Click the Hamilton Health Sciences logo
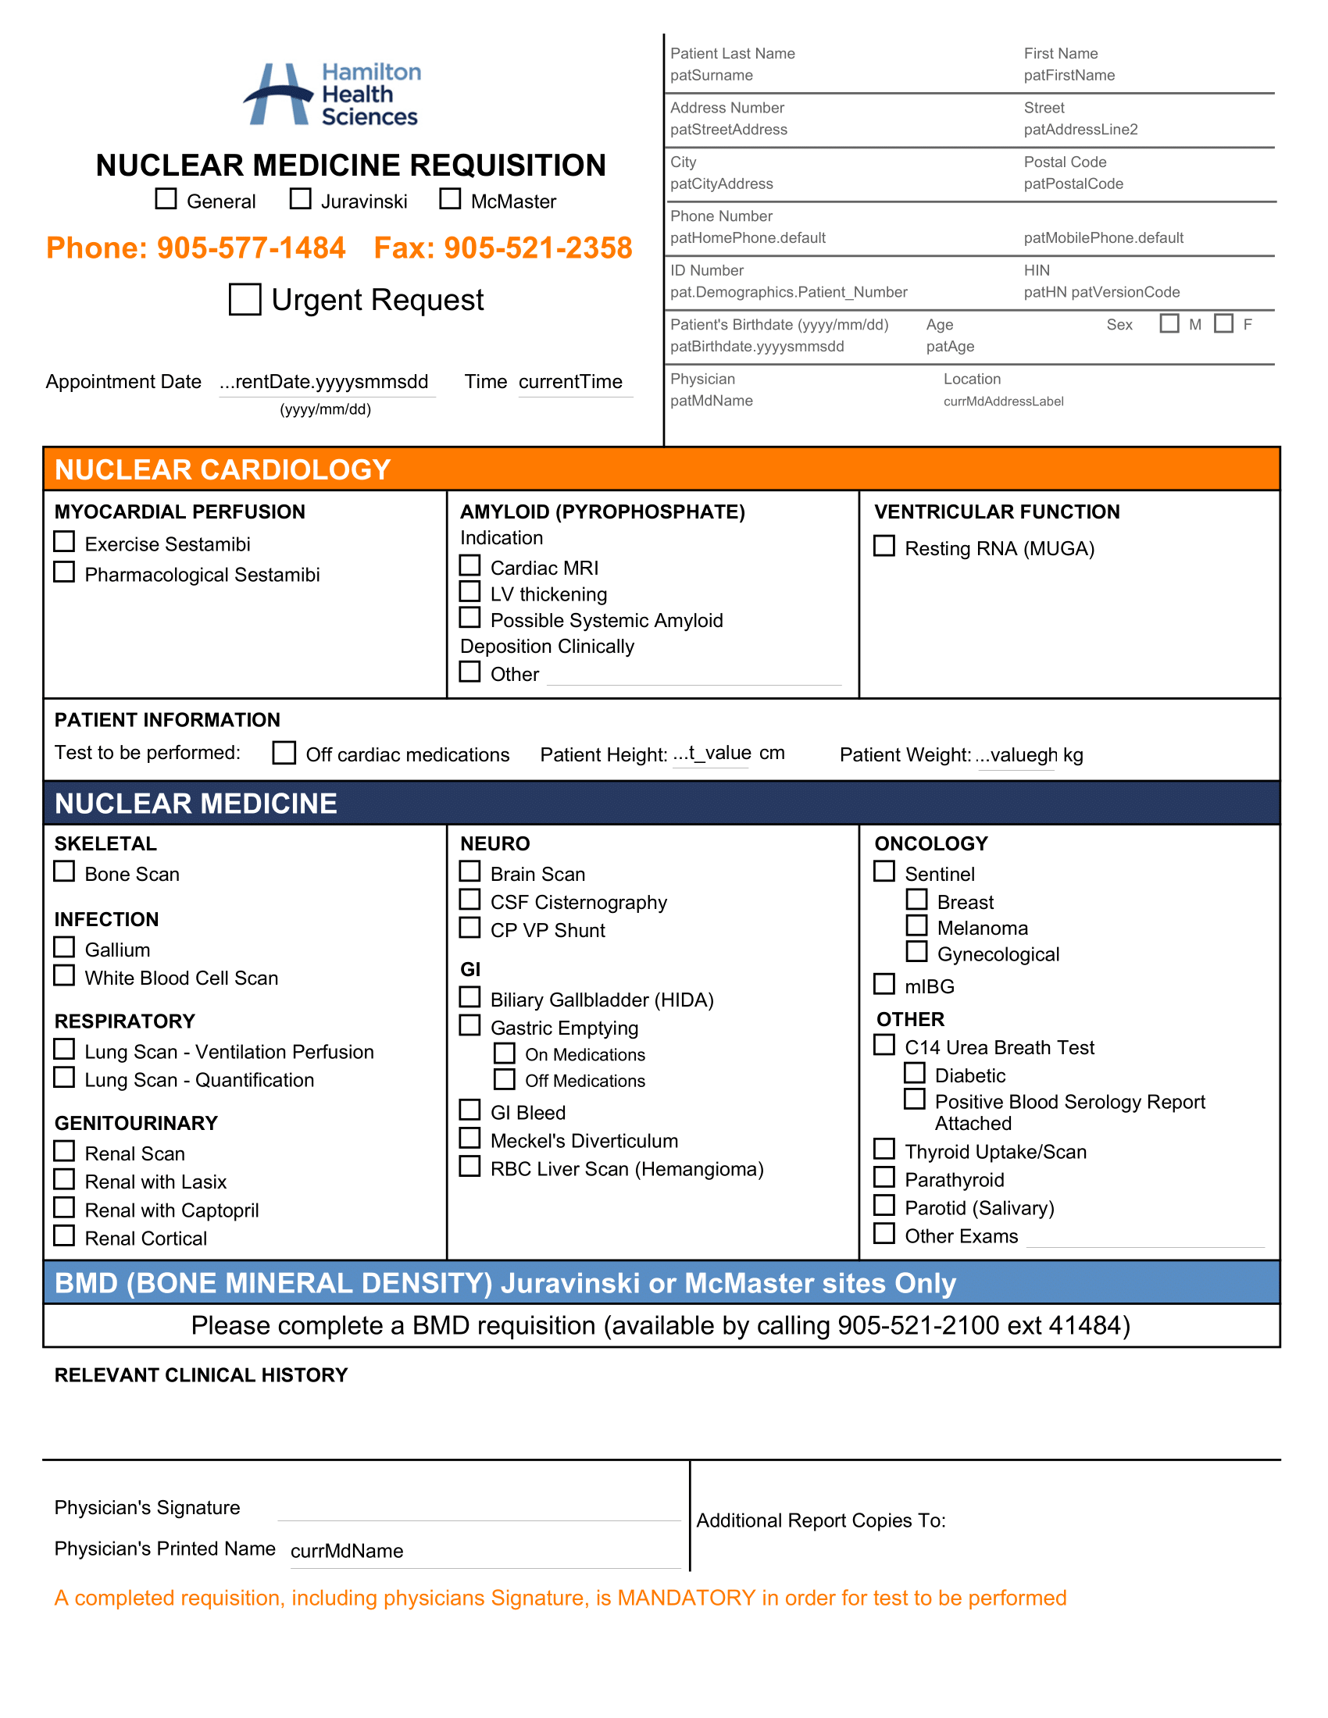click(x=332, y=94)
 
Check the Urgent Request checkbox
click(x=245, y=300)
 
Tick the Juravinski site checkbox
click(x=300, y=199)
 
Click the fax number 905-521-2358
click(x=537, y=248)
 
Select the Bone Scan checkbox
click(x=65, y=871)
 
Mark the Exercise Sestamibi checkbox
click(x=65, y=542)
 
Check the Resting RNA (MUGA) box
click(x=884, y=546)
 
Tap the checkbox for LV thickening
click(x=469, y=592)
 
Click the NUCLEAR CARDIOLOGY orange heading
click(x=223, y=469)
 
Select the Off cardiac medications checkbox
click(x=284, y=753)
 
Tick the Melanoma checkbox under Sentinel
click(x=916, y=926)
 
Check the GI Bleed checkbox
click(x=469, y=1110)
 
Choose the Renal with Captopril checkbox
click(x=65, y=1207)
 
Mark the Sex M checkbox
click(x=1169, y=323)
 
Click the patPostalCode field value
click(x=1073, y=184)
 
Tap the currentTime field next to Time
click(x=570, y=383)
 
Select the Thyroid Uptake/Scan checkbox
click(x=884, y=1149)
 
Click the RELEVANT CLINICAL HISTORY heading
click(x=201, y=1375)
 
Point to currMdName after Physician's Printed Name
click(x=347, y=1551)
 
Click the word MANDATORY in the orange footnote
click(x=686, y=1599)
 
